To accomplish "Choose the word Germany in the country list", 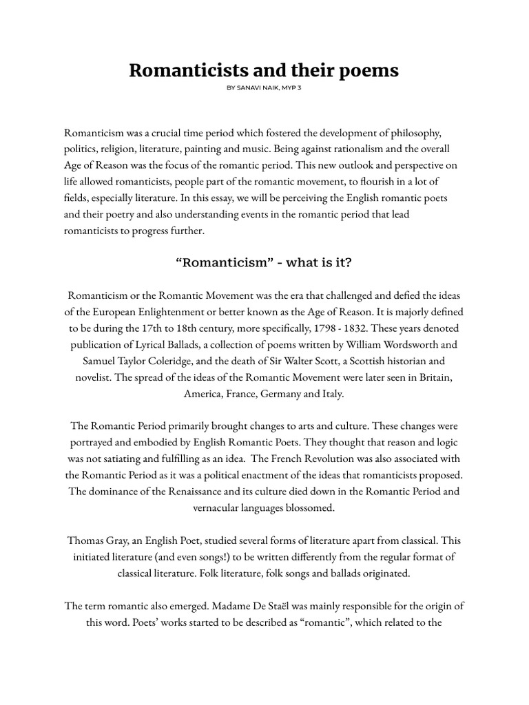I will point(276,394).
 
